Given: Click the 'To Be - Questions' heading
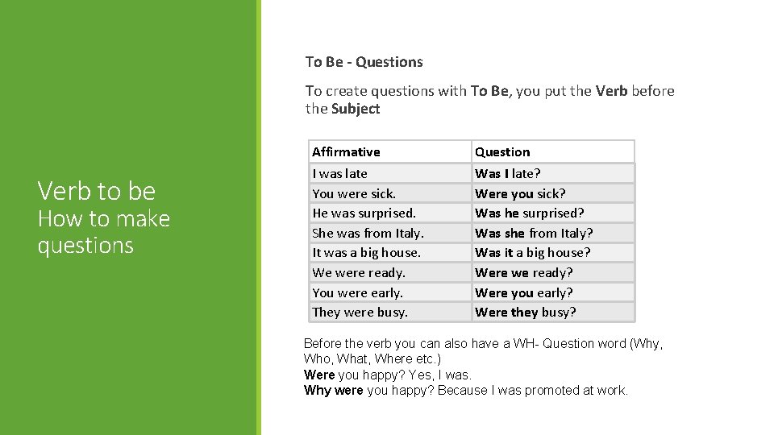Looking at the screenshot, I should (x=364, y=62).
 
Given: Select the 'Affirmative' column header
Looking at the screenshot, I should (x=346, y=151).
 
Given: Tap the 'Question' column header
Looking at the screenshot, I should (x=502, y=151).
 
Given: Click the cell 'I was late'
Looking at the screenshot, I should (x=339, y=173).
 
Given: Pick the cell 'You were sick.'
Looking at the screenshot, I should (x=354, y=193).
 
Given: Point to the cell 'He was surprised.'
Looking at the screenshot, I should (x=364, y=213).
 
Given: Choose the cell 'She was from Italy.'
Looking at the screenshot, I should (x=368, y=233).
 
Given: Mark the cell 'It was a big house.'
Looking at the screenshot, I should (x=366, y=252).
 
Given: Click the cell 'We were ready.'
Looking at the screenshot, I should (x=359, y=272).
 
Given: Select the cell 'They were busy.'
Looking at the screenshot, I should (x=360, y=312).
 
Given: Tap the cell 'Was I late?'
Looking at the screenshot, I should (x=508, y=173).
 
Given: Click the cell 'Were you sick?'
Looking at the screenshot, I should (x=520, y=193).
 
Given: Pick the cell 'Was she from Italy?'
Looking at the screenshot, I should (x=534, y=233).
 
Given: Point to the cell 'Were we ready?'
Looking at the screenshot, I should (x=524, y=272).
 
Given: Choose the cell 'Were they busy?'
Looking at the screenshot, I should (x=526, y=312).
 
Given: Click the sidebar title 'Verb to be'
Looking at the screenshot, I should (x=96, y=191).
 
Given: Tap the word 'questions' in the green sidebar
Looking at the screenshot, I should (x=85, y=245).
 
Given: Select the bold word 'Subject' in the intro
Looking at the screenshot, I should (x=356, y=109).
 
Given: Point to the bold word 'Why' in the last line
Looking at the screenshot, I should (x=318, y=390).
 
